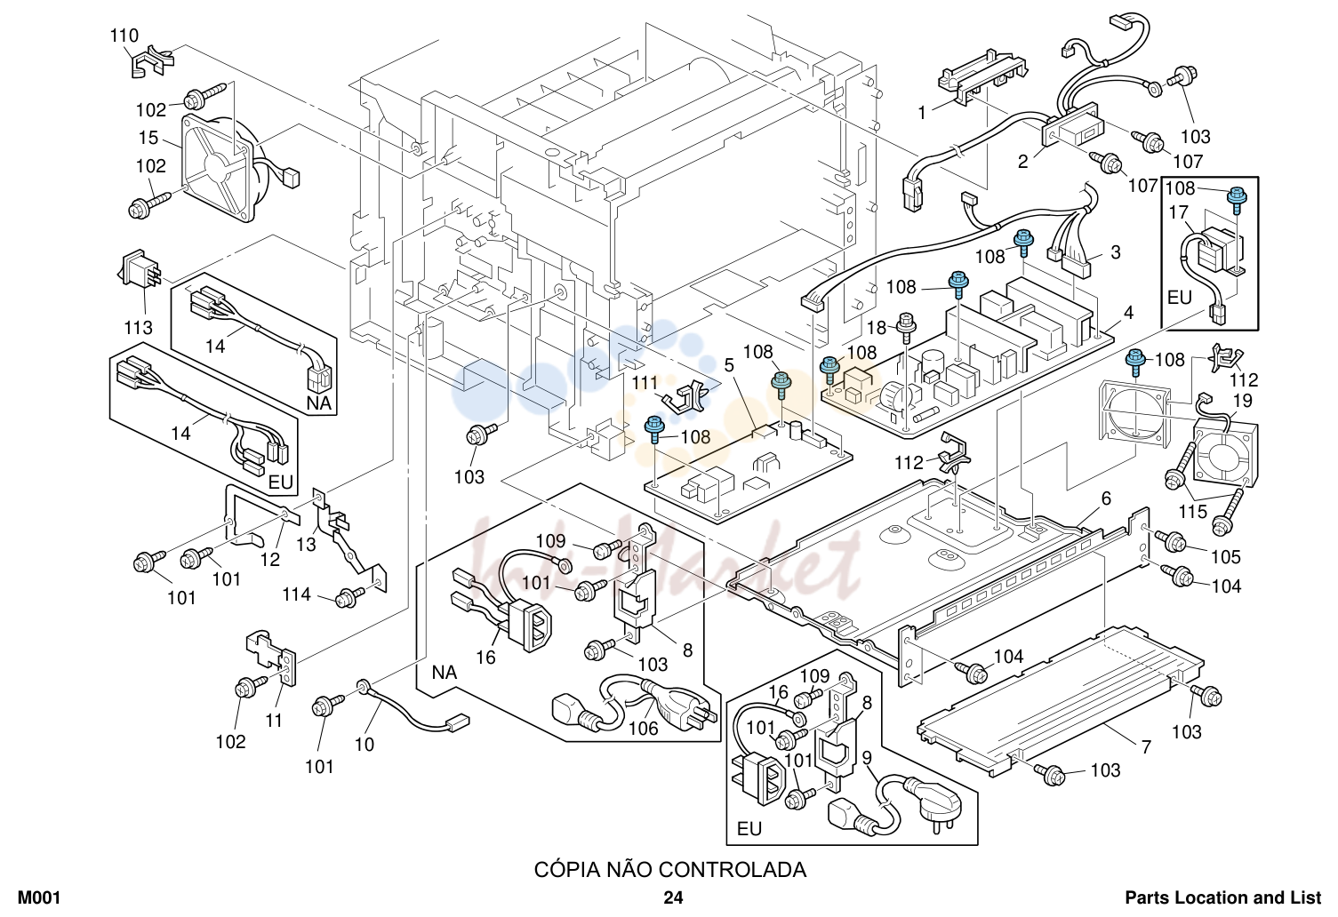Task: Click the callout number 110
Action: point(124,36)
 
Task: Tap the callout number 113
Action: point(138,328)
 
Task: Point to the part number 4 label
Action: point(1128,313)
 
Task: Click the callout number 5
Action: point(729,365)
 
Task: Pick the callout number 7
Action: point(1146,746)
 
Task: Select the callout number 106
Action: point(643,729)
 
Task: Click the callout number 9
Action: point(867,758)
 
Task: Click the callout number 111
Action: point(645,383)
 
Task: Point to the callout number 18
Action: point(877,328)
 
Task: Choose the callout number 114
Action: point(297,594)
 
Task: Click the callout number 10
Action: point(365,745)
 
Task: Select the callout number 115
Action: point(1193,512)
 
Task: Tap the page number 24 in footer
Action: point(673,897)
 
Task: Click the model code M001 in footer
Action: point(39,897)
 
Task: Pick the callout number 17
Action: point(1179,212)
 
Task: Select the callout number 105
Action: point(1226,557)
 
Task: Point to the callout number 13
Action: point(307,544)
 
